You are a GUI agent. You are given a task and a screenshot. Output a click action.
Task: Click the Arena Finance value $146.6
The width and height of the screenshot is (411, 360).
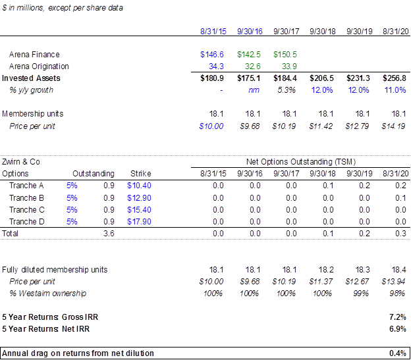(x=212, y=55)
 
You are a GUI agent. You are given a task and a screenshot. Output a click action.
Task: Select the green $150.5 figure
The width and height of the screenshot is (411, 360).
(x=285, y=55)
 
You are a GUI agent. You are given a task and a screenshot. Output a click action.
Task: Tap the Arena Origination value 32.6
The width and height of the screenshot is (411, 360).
(x=253, y=66)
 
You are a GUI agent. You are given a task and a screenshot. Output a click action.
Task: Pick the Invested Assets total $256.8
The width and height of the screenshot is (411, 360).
(x=395, y=78)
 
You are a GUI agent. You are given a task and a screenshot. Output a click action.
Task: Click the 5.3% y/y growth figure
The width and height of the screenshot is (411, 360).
(x=287, y=90)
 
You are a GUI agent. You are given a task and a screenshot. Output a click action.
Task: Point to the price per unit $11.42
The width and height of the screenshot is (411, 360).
(x=321, y=126)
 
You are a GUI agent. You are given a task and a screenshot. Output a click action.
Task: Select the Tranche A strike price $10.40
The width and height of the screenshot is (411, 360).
(x=139, y=186)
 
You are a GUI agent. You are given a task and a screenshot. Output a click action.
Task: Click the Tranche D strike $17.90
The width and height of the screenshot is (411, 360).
(x=139, y=222)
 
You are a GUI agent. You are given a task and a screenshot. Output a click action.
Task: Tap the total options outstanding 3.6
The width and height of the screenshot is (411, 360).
(x=109, y=233)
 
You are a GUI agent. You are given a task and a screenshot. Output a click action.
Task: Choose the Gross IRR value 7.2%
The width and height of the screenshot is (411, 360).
(x=398, y=317)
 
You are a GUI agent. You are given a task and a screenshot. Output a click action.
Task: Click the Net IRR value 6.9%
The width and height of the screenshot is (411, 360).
(x=398, y=329)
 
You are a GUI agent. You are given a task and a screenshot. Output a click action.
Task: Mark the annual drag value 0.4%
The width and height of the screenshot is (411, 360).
(x=398, y=353)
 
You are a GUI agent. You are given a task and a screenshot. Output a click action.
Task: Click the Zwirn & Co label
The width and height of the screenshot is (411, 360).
(x=21, y=162)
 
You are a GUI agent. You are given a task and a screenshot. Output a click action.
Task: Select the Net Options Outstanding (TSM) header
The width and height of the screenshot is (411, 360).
(x=301, y=162)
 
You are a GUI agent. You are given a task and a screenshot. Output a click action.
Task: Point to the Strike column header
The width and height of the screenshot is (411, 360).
(x=141, y=174)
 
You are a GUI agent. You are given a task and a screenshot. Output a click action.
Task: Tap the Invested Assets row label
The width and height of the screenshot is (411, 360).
(x=31, y=78)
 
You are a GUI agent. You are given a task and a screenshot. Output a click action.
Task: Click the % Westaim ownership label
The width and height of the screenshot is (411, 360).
(x=47, y=294)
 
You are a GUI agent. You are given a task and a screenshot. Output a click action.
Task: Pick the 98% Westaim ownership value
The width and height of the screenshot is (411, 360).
(x=397, y=294)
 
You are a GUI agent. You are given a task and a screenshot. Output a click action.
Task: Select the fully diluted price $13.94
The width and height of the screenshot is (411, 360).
(x=393, y=282)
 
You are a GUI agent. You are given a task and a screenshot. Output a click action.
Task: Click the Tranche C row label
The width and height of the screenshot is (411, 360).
(x=27, y=210)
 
